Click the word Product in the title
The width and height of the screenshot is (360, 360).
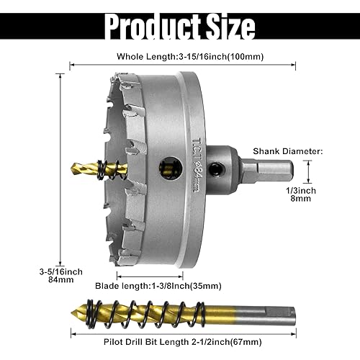pos(147,27)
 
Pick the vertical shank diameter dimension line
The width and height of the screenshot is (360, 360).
pos(307,172)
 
